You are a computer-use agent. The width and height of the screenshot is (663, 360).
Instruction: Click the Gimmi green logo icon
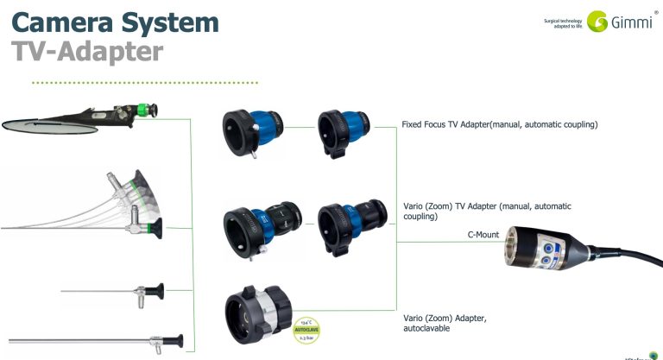[x=597, y=22]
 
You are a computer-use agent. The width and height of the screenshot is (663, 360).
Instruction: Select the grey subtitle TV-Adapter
[x=87, y=52]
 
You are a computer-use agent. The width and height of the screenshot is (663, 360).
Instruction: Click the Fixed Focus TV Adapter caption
[x=500, y=125]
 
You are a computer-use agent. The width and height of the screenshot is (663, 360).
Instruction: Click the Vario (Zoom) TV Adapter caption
[x=487, y=212]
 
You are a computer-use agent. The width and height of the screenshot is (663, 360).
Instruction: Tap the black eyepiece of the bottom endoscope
[x=176, y=339]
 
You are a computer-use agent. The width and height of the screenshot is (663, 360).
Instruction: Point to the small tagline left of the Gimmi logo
[x=563, y=22]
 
